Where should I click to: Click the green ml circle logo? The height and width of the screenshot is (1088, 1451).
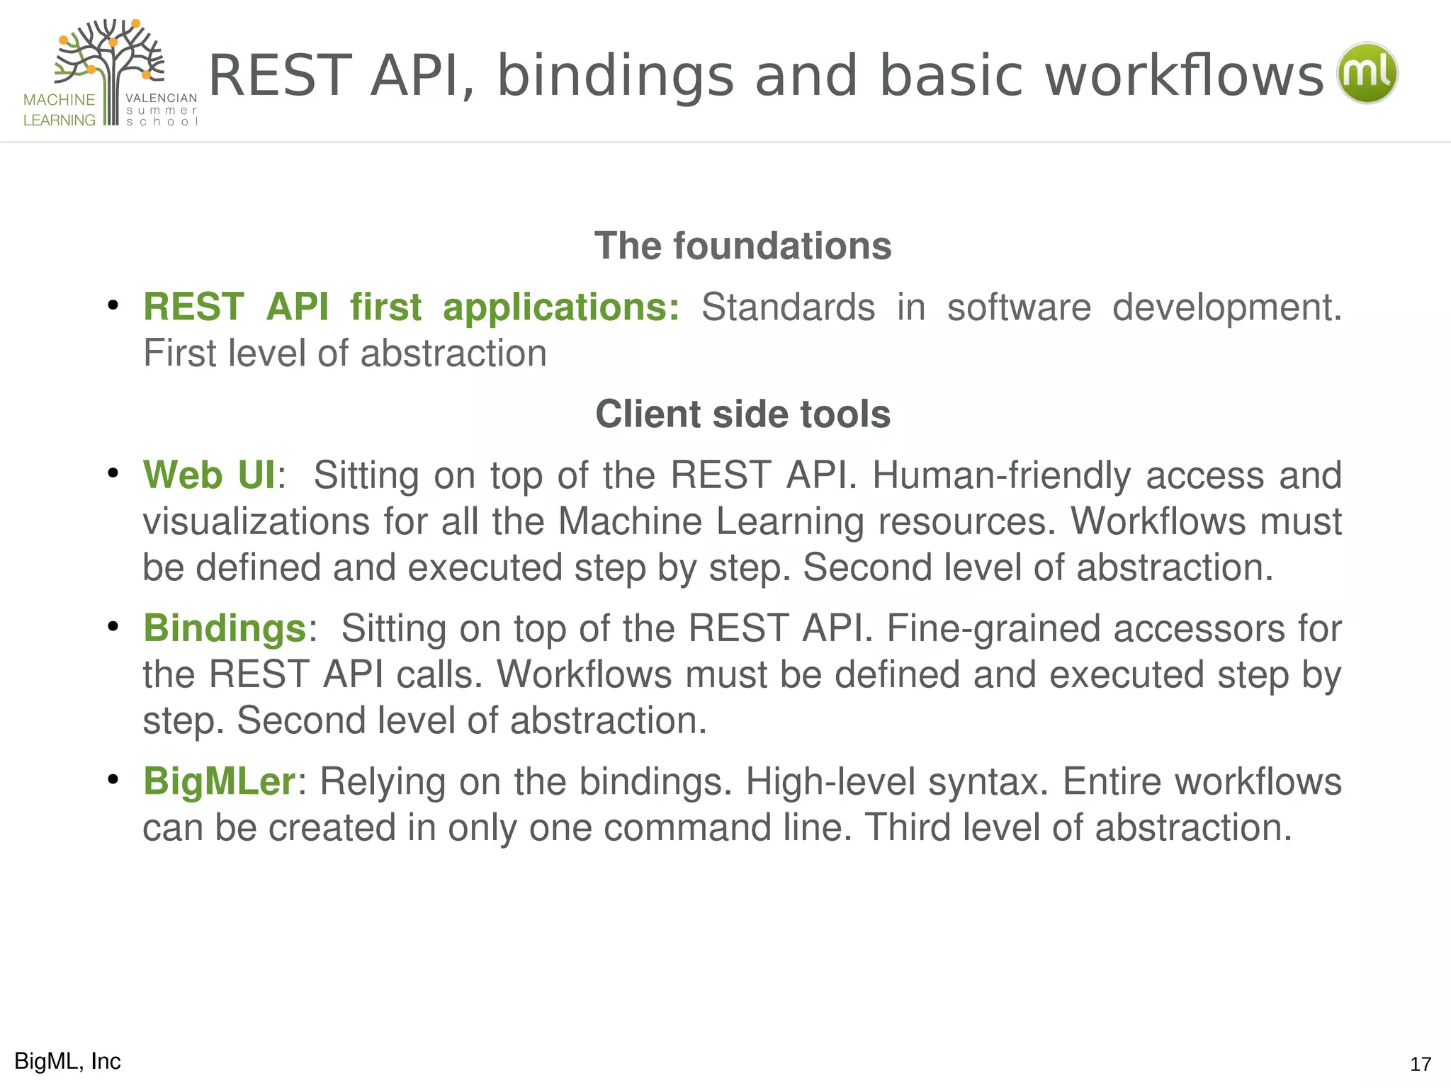1367,73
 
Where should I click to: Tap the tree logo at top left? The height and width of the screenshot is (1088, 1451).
110,71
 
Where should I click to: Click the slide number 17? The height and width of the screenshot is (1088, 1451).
1420,1064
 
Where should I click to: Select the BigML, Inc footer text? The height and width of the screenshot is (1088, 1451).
67,1061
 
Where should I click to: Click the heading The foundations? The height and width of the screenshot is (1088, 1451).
743,246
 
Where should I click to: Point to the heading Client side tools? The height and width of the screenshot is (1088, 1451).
743,414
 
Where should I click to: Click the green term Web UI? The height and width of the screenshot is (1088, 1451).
209,475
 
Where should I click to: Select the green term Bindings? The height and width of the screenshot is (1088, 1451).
225,628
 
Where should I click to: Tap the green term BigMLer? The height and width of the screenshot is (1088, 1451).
219,781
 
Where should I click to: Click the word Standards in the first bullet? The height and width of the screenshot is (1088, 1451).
788,307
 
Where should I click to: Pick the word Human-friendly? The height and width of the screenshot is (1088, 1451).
1001,475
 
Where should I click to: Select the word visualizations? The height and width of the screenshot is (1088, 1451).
256,521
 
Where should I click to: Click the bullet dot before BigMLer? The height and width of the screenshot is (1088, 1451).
113,780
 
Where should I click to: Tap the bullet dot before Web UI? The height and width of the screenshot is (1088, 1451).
113,473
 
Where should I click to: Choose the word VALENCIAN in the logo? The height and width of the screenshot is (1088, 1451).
162,98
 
